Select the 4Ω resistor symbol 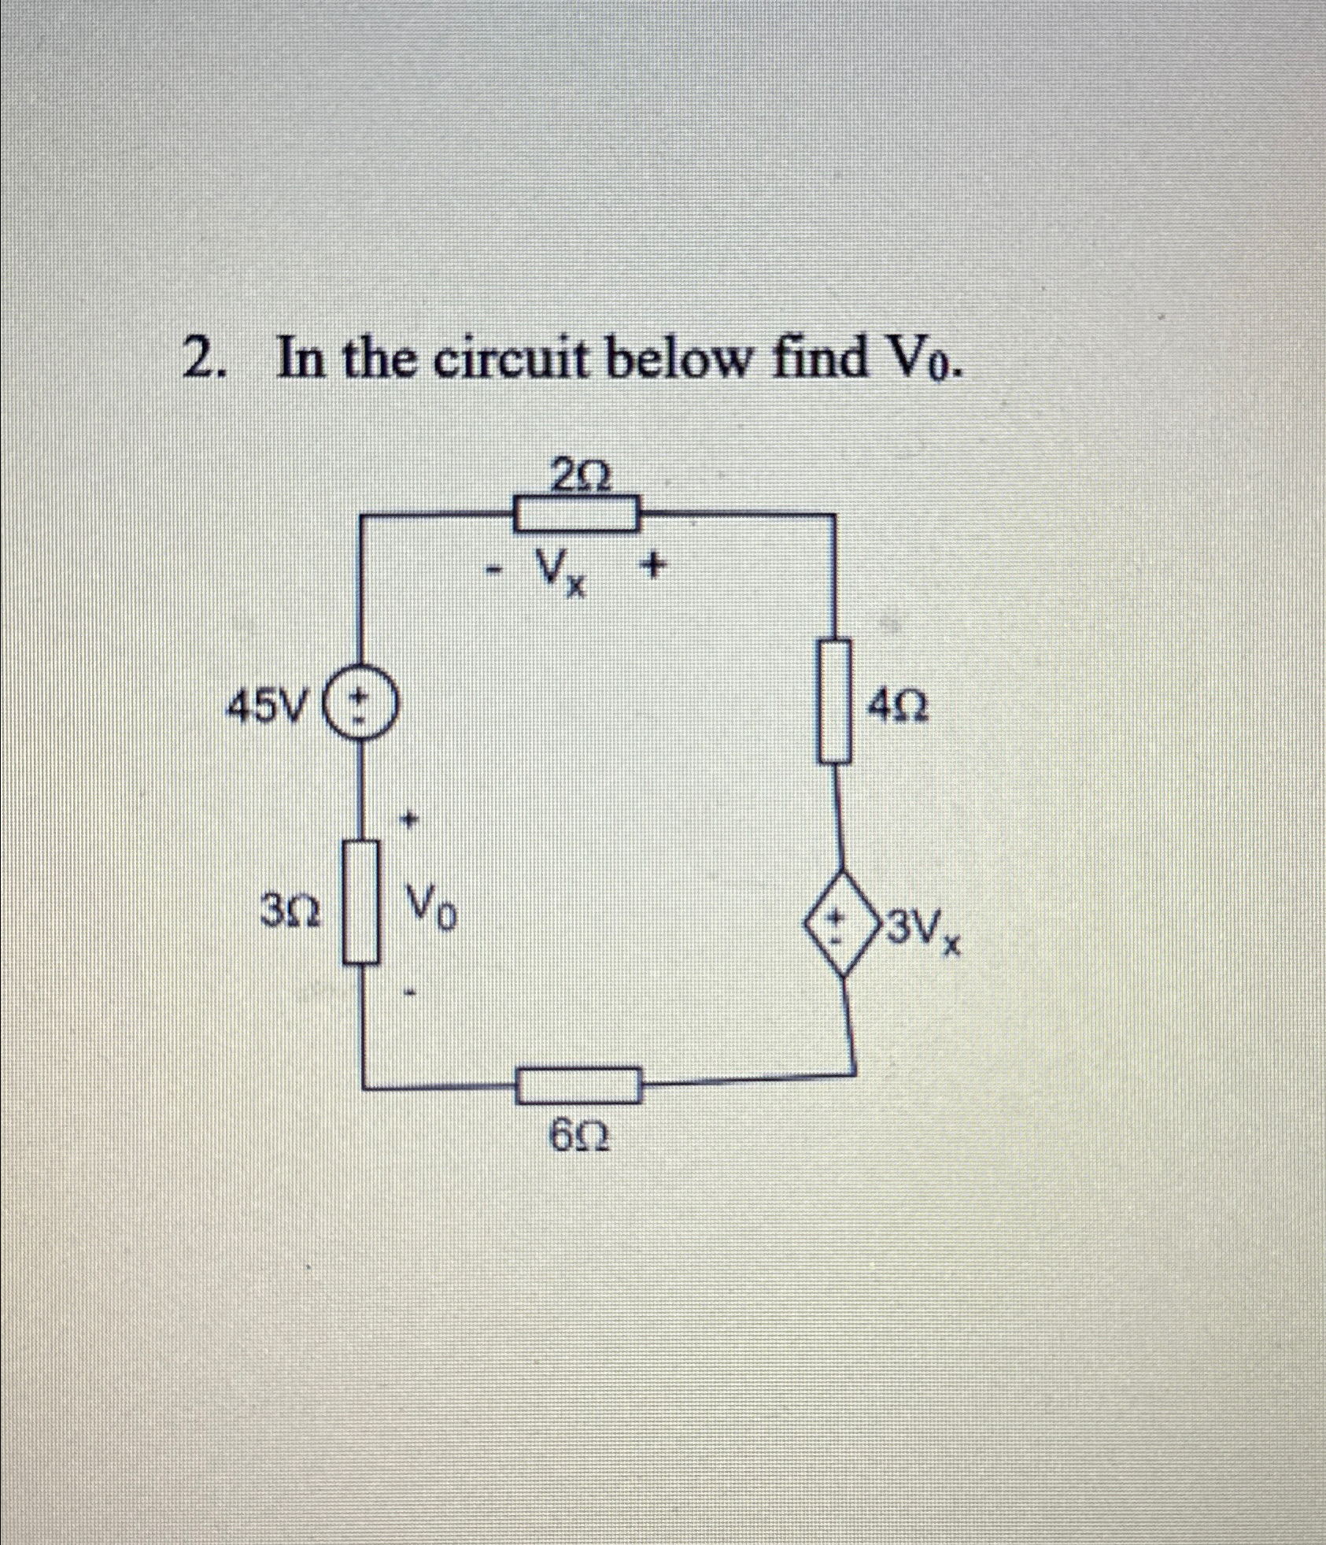pyautogui.click(x=835, y=700)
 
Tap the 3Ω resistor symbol pyautogui.click(x=361, y=902)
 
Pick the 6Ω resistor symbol pyautogui.click(x=579, y=1086)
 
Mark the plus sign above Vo pyautogui.click(x=408, y=821)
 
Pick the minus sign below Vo pyautogui.click(x=409, y=995)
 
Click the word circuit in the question pyautogui.click(x=509, y=360)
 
